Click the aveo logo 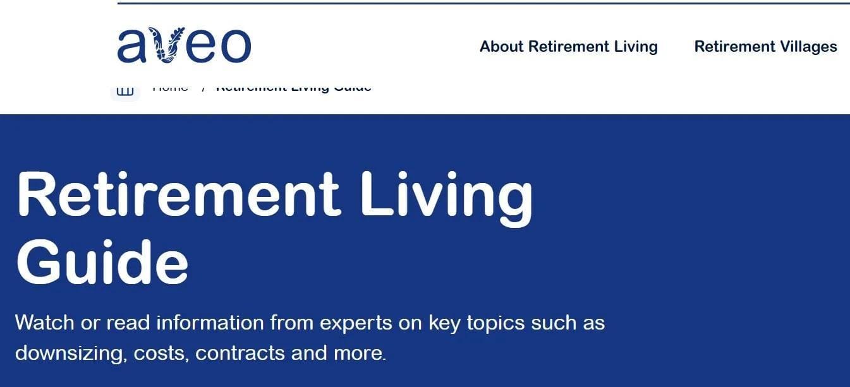coord(184,45)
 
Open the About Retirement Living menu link coord(568,47)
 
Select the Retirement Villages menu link coord(765,47)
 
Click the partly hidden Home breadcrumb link coord(170,88)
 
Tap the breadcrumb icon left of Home coord(125,90)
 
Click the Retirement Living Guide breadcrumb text coord(293,88)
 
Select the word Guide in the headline coord(102,261)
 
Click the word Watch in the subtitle coord(44,323)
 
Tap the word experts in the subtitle coord(356,324)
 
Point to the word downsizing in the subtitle coord(71,352)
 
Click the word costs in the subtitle coord(161,353)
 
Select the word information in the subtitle coord(210,323)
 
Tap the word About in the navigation coord(502,47)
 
